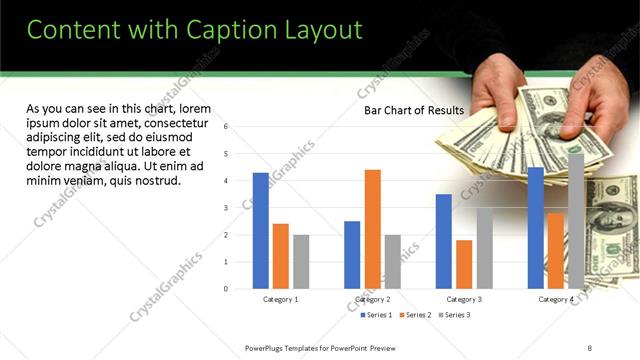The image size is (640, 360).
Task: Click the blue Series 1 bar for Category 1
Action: pyautogui.click(x=261, y=230)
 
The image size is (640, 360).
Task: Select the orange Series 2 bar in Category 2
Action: pyautogui.click(x=372, y=229)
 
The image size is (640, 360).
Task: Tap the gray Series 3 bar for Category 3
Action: pyautogui.click(x=484, y=248)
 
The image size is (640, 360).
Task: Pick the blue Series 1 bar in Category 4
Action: pyautogui.click(x=536, y=227)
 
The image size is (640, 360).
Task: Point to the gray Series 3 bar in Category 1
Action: pyautogui.click(x=301, y=261)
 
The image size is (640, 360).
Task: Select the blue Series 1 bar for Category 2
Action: pyautogui.click(x=352, y=254)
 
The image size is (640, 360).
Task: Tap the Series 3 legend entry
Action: pyautogui.click(x=455, y=315)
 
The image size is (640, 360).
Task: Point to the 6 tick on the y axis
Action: pyautogui.click(x=226, y=127)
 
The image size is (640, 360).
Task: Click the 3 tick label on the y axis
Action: pyautogui.click(x=226, y=208)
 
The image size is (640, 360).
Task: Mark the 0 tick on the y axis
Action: pyautogui.click(x=226, y=289)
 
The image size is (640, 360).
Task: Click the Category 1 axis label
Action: pyautogui.click(x=281, y=299)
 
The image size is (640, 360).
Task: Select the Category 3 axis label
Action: pyautogui.click(x=464, y=299)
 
